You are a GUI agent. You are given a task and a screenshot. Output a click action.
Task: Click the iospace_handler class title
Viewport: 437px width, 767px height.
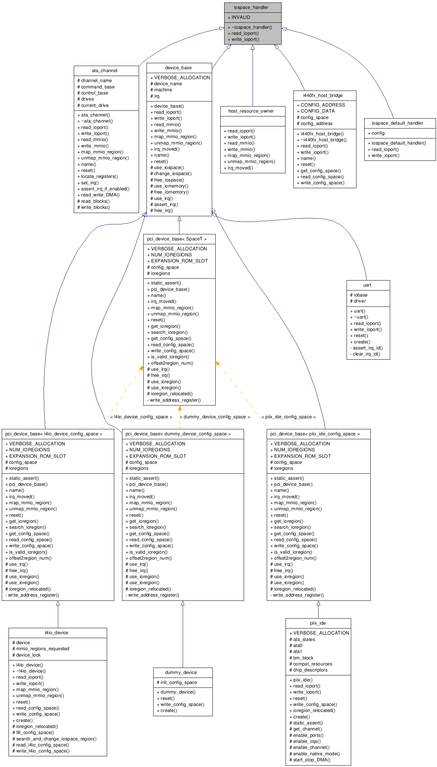(251, 7)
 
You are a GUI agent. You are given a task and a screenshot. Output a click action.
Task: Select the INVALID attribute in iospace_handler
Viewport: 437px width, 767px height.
(241, 17)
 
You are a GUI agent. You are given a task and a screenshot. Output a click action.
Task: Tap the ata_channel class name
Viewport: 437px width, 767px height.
(104, 71)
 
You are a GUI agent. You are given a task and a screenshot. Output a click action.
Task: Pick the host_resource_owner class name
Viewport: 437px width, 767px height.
(251, 111)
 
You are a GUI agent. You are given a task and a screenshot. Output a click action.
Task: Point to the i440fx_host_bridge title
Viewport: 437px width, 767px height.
(323, 96)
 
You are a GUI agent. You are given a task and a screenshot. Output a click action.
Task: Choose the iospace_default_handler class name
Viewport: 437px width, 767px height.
(397, 123)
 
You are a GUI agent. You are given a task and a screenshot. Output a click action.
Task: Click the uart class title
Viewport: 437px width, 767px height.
(367, 285)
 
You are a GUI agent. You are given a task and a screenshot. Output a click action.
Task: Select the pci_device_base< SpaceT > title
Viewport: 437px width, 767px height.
(177, 239)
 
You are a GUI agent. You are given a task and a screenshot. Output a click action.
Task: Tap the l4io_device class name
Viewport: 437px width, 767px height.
(56, 633)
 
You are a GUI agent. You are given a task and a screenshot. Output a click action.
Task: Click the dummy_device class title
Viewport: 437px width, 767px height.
(181, 673)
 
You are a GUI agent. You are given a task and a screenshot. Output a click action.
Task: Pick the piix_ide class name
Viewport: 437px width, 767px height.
(317, 623)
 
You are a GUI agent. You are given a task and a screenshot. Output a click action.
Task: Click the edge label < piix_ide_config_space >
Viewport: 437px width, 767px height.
(288, 417)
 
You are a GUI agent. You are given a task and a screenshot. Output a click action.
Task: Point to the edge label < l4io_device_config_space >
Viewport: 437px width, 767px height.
(141, 417)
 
